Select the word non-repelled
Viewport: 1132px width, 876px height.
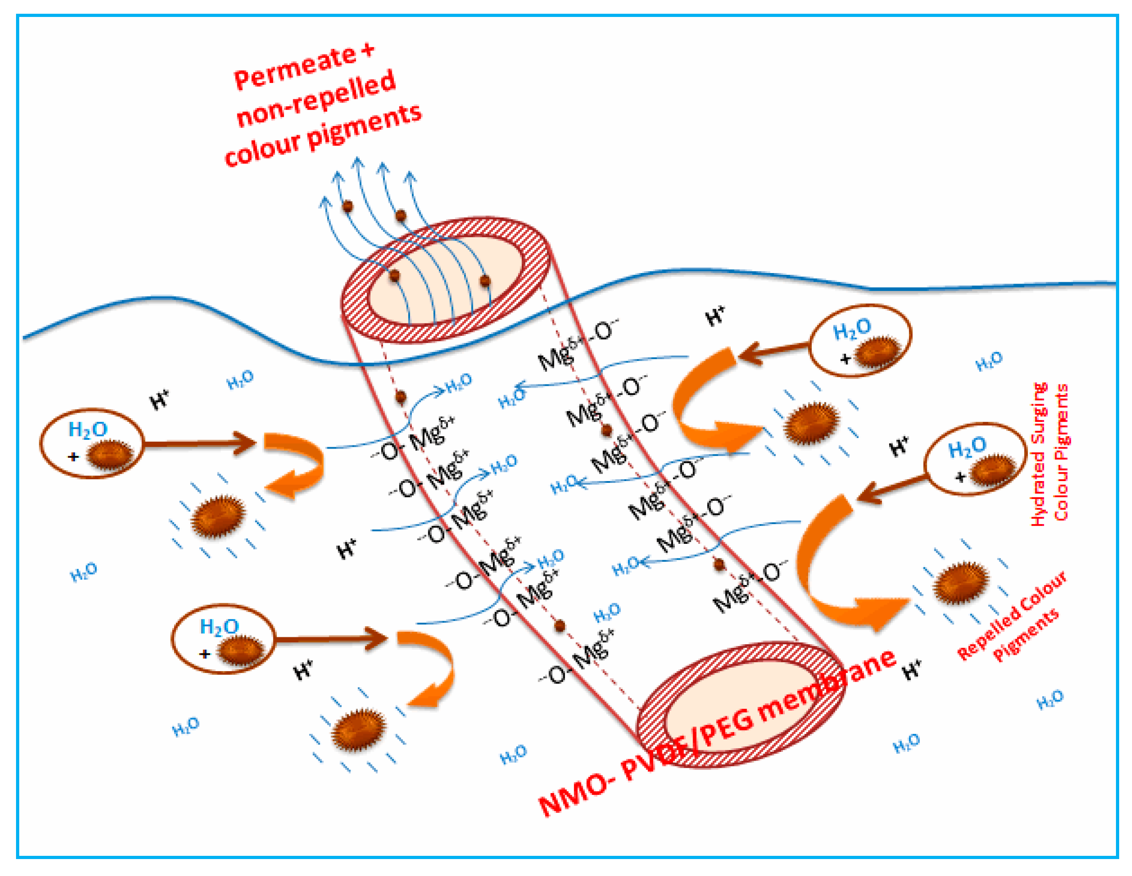316,99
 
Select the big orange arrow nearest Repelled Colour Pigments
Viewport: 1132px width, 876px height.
840,570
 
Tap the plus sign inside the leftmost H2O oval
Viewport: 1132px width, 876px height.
74,457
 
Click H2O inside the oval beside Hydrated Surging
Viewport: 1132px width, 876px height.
967,447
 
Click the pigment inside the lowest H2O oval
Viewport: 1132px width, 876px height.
241,650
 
